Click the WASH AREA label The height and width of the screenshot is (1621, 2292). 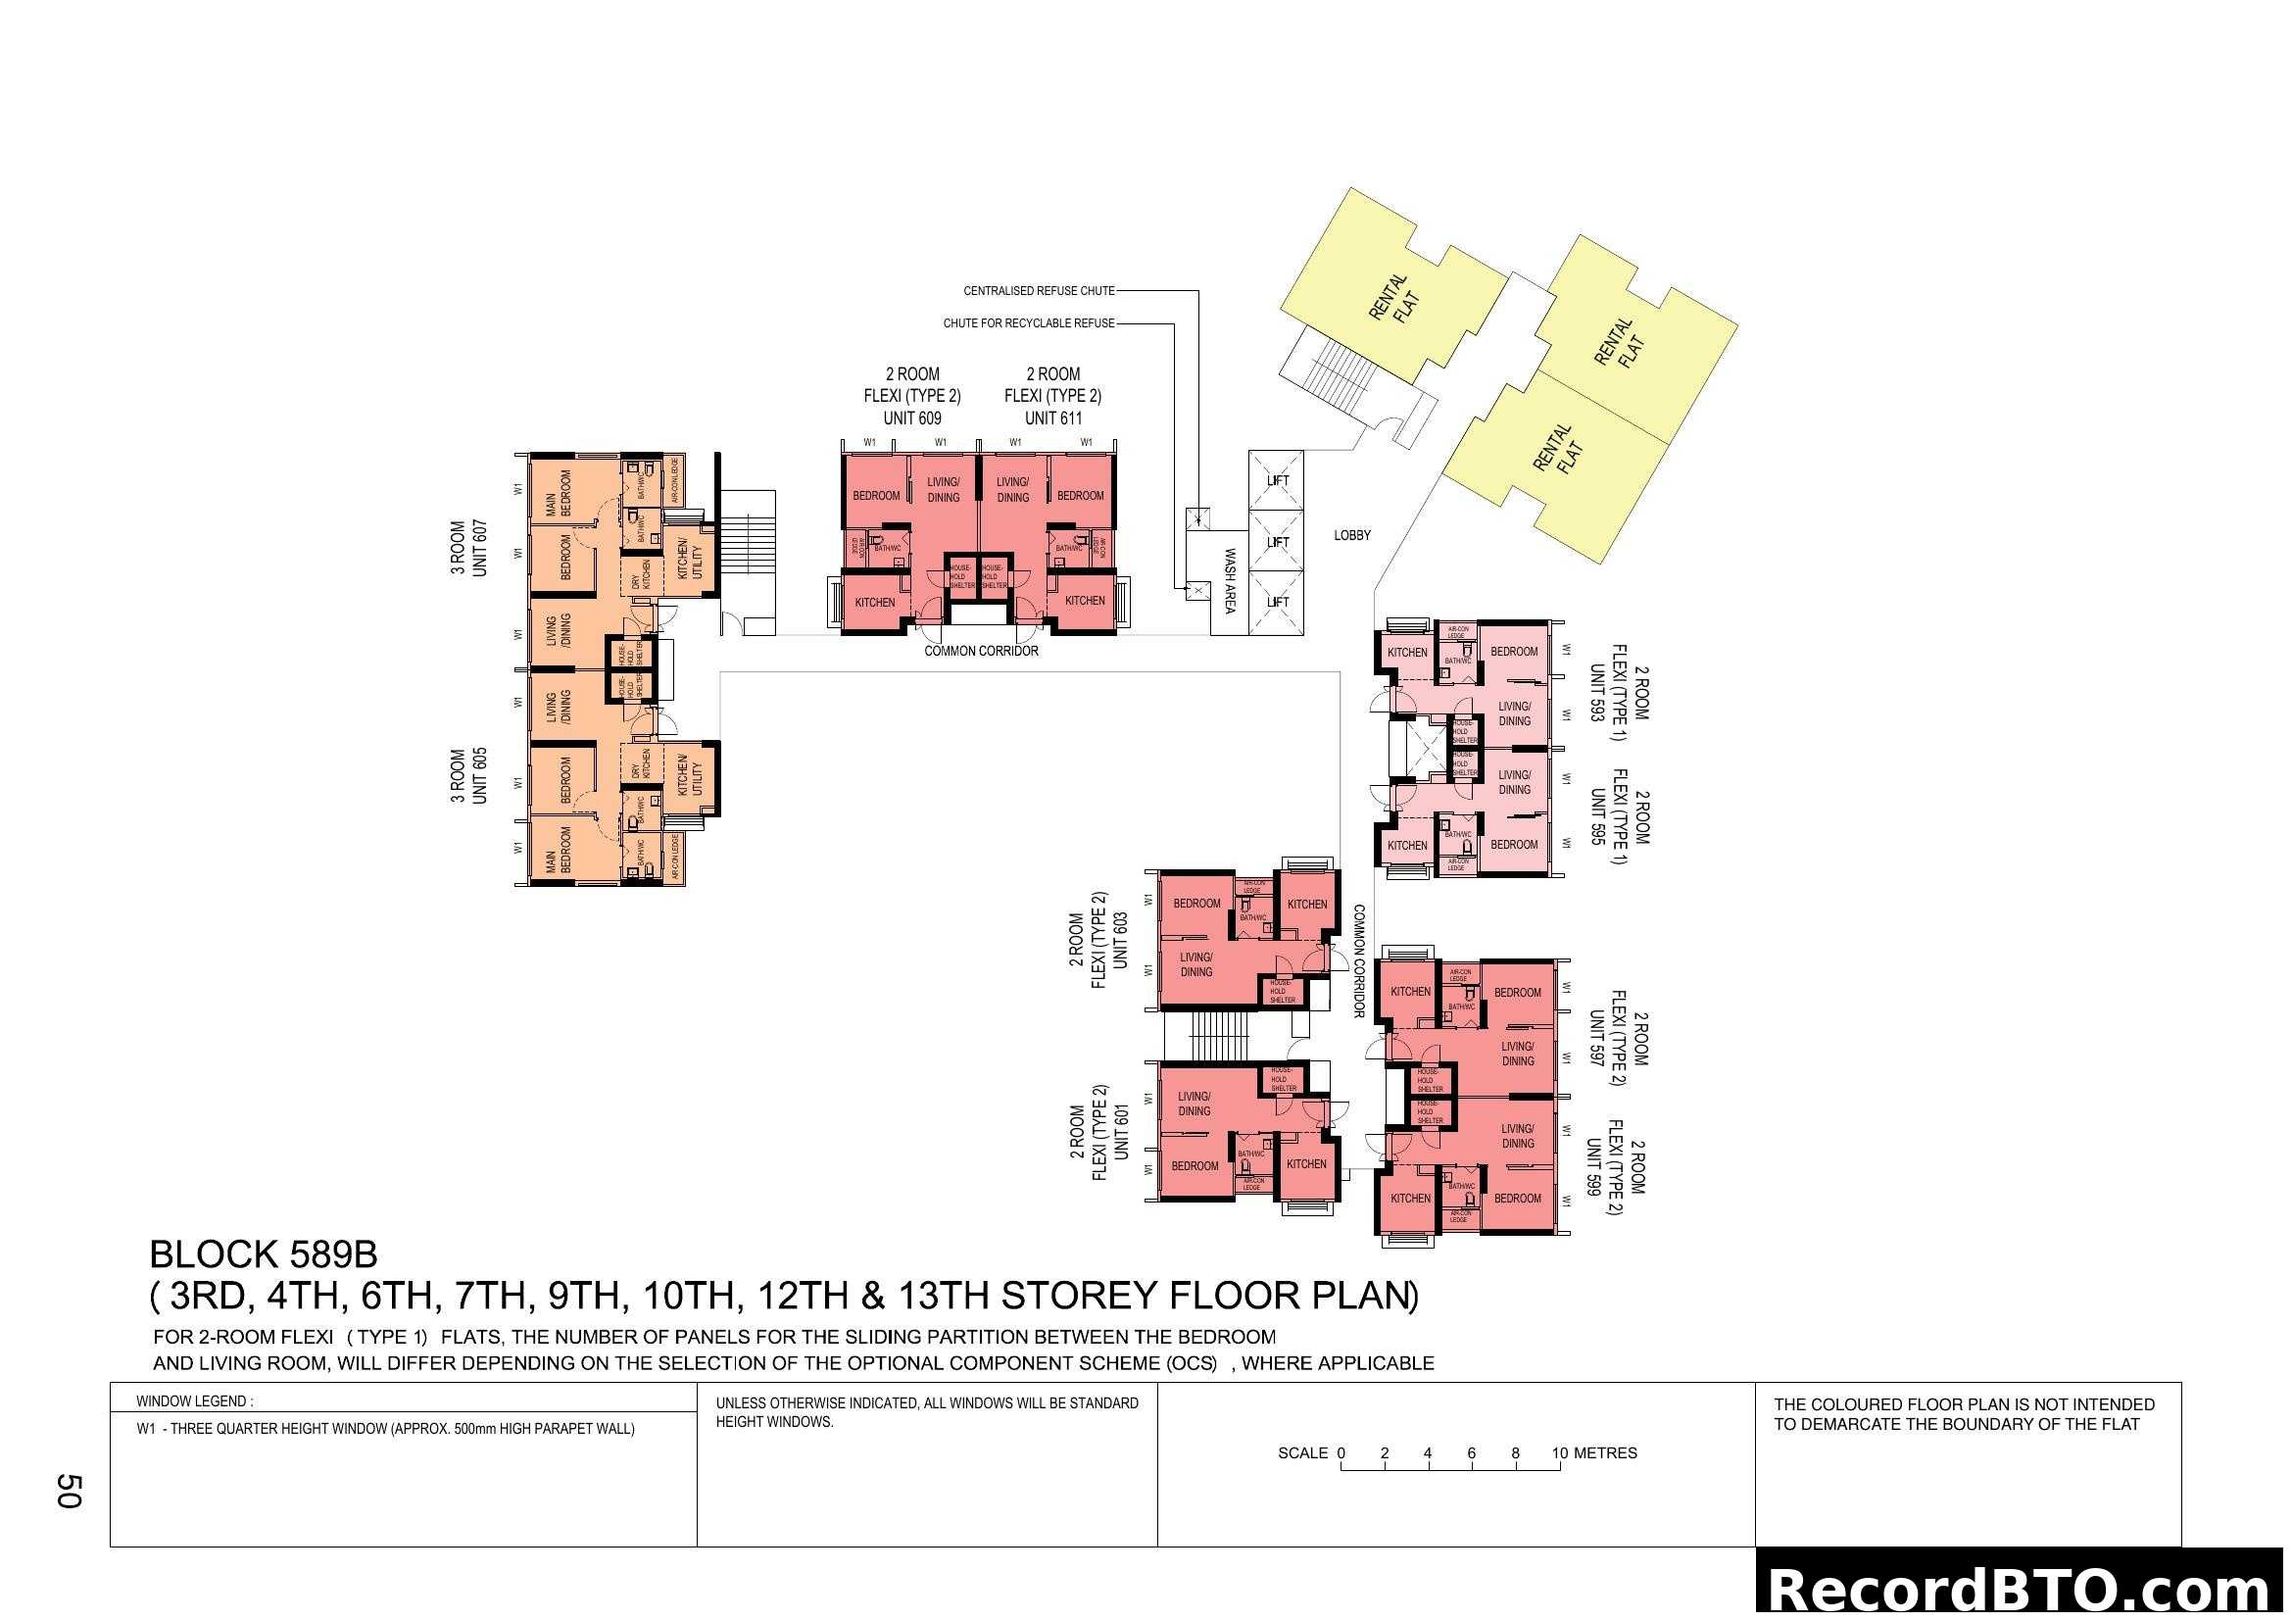click(1230, 581)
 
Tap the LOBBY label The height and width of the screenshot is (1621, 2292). click(1351, 536)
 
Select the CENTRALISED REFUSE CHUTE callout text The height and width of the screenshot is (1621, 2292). click(1038, 291)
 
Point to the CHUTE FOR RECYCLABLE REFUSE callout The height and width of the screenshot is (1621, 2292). click(1028, 323)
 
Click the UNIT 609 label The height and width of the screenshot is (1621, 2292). click(911, 418)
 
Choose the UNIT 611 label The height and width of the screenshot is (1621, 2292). click(1052, 418)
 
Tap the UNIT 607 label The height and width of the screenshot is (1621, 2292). click(480, 548)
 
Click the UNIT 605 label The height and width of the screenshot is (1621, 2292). click(480, 775)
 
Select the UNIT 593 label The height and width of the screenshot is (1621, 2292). click(1597, 693)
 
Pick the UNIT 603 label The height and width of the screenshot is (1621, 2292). click(1120, 939)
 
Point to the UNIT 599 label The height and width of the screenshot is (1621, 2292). click(1593, 1168)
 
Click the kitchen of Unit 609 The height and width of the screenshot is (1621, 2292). click(874, 602)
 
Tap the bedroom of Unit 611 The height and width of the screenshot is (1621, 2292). click(1080, 496)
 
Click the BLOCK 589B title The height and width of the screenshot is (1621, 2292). click(264, 1254)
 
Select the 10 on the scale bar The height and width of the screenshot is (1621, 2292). click(1560, 1453)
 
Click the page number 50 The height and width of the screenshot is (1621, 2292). click(68, 1491)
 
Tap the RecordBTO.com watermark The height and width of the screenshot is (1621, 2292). click(2023, 1589)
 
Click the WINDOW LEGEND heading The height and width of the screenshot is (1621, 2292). click(195, 1401)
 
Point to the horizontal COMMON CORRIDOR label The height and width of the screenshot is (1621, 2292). click(980, 652)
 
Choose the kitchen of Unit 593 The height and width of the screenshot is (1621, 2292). click(1406, 653)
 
